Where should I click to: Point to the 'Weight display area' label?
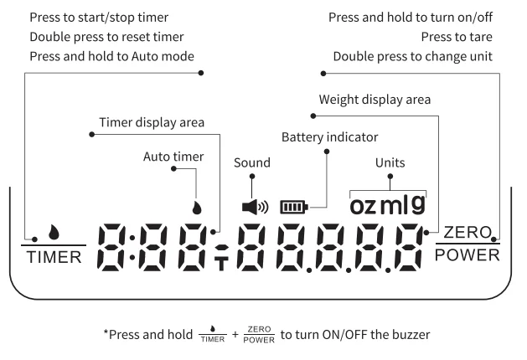click(x=375, y=100)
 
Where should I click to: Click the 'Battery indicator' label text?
click(x=329, y=136)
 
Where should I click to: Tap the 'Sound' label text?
click(x=252, y=163)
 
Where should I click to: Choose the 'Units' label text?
click(x=390, y=165)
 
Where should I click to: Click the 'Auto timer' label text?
click(x=174, y=156)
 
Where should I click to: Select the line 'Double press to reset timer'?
click(x=107, y=38)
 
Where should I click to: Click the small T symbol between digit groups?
click(x=221, y=263)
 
